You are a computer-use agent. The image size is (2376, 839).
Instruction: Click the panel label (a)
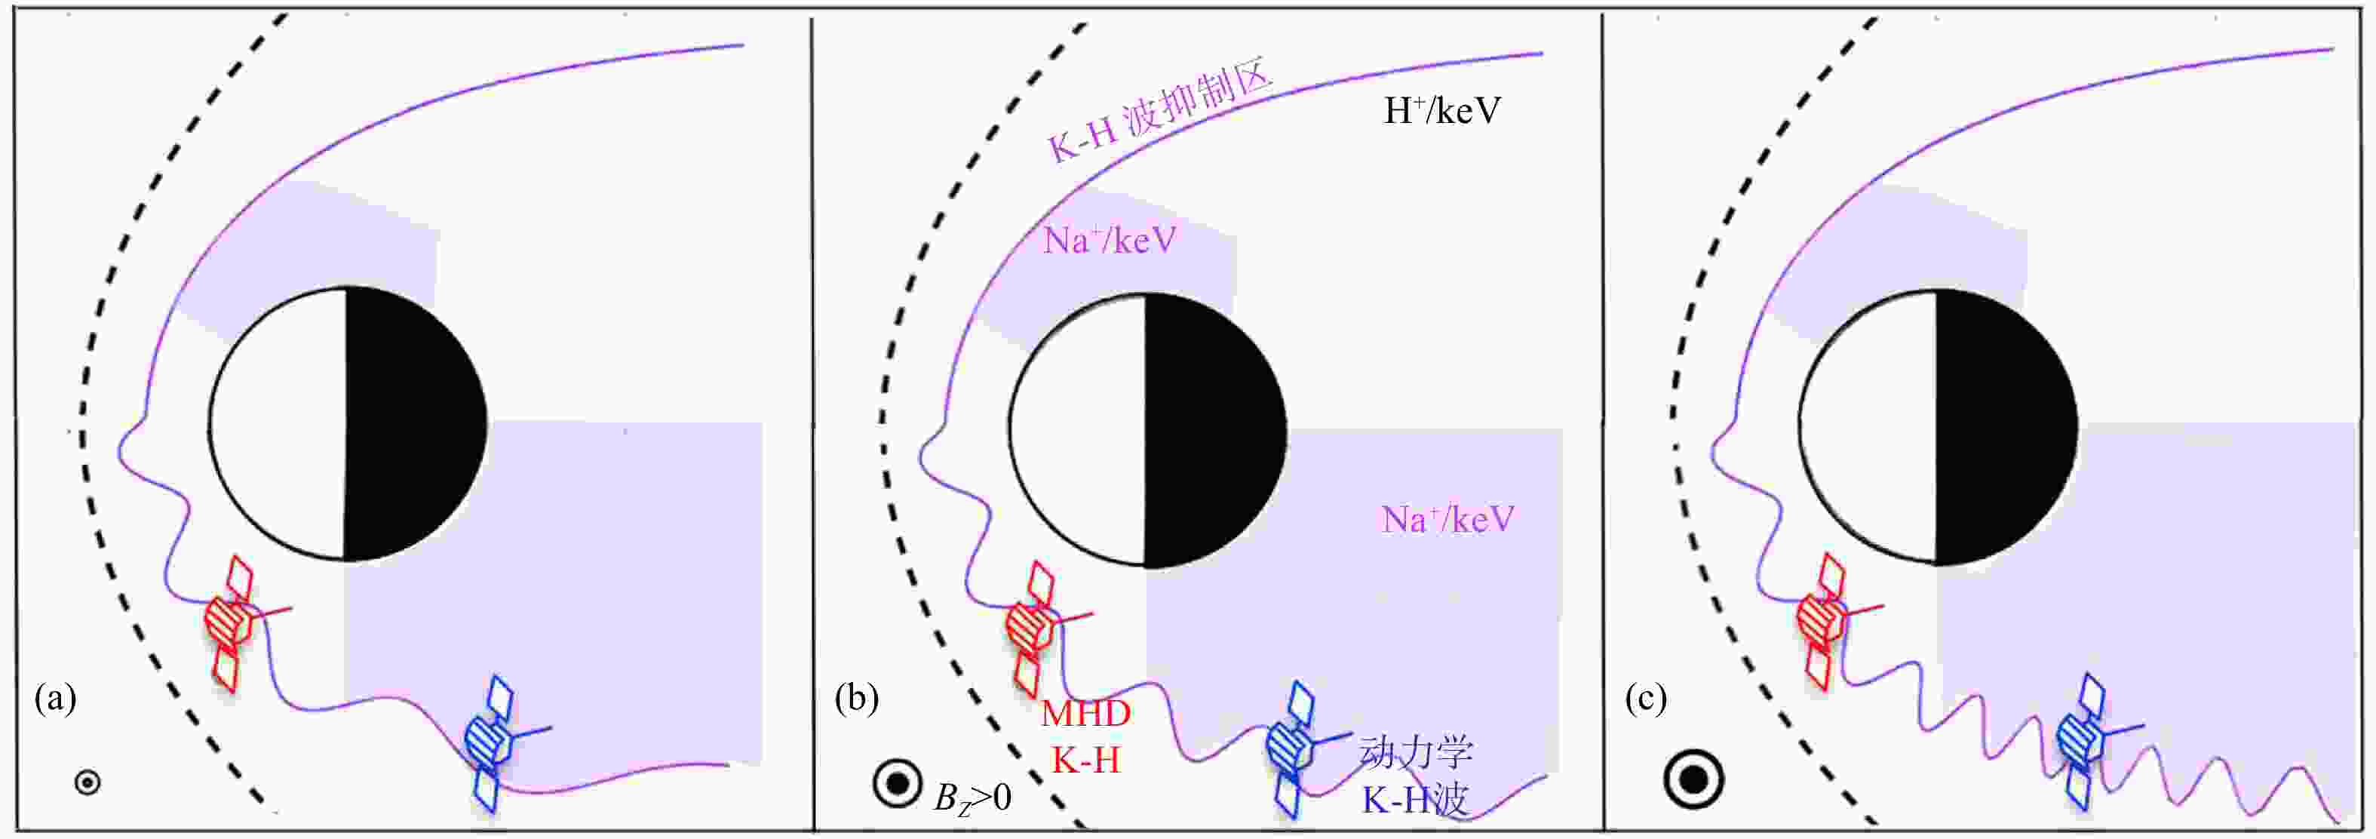(55, 699)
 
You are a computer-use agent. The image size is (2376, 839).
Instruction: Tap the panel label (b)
(856, 699)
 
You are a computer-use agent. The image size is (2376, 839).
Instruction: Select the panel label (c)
(1646, 699)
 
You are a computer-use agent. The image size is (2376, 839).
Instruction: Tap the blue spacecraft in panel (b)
(1297, 748)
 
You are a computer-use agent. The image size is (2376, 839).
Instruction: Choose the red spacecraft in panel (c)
(1830, 620)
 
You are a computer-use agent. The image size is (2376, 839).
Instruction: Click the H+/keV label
(1441, 111)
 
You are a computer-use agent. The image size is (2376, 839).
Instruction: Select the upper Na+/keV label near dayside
(1110, 240)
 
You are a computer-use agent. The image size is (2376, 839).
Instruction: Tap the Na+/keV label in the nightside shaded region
(1448, 519)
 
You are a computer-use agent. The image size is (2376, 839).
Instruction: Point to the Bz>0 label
(972, 797)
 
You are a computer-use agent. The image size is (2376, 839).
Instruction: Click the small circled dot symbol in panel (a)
(87, 782)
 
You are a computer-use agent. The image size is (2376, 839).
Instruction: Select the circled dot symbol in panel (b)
(897, 785)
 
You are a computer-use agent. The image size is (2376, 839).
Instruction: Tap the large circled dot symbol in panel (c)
(1693, 780)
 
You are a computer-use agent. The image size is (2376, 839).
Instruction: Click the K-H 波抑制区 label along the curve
(1160, 112)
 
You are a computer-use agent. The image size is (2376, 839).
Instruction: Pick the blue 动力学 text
(1416, 752)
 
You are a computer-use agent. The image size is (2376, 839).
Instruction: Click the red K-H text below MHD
(1085, 760)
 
